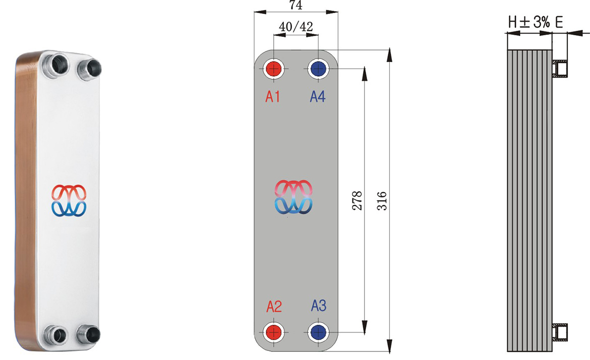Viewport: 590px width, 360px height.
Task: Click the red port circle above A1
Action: pos(273,69)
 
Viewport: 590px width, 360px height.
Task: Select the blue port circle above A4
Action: pos(318,69)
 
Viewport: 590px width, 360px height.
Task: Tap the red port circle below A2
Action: pos(273,332)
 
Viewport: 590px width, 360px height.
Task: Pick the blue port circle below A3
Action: pos(318,332)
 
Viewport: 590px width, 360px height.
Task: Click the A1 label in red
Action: pos(272,97)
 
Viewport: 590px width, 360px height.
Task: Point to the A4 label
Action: pos(318,97)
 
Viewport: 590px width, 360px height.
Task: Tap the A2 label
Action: pos(274,306)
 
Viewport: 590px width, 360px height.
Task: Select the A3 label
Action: pos(319,306)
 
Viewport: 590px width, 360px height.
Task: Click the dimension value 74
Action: pos(296,5)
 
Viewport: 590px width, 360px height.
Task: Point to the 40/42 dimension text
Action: pos(296,27)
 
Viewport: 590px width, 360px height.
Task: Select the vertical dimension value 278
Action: pos(357,201)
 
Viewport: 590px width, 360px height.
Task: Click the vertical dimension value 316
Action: pos(382,201)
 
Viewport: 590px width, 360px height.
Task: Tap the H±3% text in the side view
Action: pos(529,22)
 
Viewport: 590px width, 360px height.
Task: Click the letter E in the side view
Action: pos(559,22)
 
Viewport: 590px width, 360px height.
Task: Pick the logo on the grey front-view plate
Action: pos(293,197)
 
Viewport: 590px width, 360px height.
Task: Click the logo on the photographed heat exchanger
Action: pos(69,201)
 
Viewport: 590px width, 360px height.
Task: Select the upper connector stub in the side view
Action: pos(560,69)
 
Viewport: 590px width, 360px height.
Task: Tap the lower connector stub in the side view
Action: pos(560,332)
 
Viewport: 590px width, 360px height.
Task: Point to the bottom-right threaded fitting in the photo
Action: pos(89,334)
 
